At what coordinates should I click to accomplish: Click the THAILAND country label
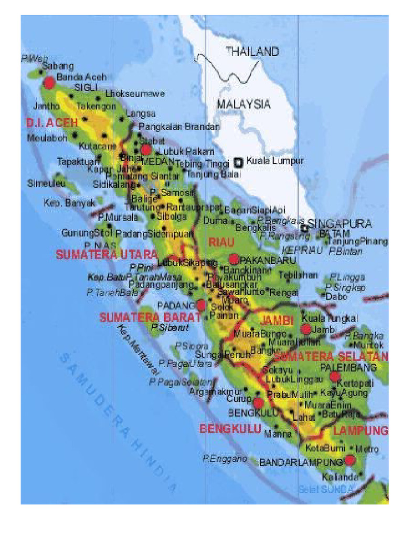pyautogui.click(x=252, y=51)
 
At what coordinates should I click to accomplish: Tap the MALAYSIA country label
pyautogui.click(x=244, y=104)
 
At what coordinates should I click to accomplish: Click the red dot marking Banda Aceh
pyautogui.click(x=49, y=82)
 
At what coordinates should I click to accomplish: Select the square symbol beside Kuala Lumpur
pyautogui.click(x=239, y=162)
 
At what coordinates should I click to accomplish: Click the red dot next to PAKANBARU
pyautogui.click(x=234, y=258)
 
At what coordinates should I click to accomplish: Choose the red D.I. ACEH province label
pyautogui.click(x=51, y=123)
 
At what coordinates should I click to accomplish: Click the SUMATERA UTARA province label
pyautogui.click(x=107, y=255)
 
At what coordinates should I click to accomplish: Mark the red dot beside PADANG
pyautogui.click(x=201, y=305)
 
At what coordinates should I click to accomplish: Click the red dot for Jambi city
pyautogui.click(x=306, y=329)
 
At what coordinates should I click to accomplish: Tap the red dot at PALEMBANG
pyautogui.click(x=335, y=376)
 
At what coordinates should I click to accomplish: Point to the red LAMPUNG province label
pyautogui.click(x=360, y=431)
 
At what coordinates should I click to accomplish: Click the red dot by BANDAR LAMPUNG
pyautogui.click(x=349, y=460)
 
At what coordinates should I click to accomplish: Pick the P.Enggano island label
pyautogui.click(x=225, y=459)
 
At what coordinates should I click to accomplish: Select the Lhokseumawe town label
pyautogui.click(x=135, y=94)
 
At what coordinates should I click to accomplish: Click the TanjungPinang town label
pyautogui.click(x=357, y=242)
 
